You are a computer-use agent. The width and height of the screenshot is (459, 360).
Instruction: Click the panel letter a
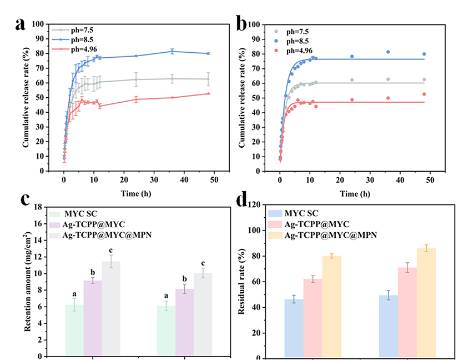click(x=21, y=24)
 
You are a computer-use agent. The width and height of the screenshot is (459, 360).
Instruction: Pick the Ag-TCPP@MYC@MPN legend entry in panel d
click(x=327, y=234)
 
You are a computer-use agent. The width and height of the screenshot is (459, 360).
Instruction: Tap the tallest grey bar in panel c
click(x=110, y=308)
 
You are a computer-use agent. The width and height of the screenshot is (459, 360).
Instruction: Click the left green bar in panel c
click(x=74, y=330)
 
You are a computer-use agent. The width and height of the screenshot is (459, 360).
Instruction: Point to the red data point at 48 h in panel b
click(x=424, y=94)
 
